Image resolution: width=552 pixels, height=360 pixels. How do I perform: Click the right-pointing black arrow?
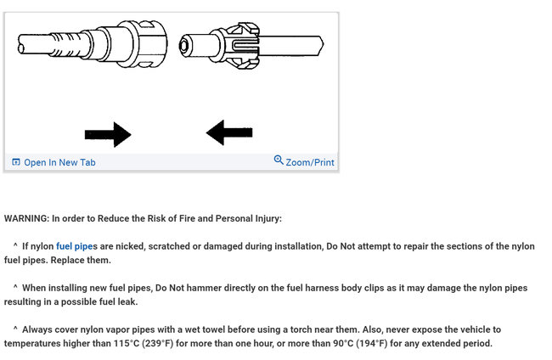(x=108, y=134)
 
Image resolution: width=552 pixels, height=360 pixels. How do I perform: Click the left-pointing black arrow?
(x=228, y=132)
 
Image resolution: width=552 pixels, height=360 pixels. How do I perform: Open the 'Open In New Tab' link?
(x=59, y=162)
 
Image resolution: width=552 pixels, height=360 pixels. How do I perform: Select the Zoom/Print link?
(x=310, y=162)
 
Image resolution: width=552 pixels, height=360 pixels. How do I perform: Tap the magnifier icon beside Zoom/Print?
(x=279, y=160)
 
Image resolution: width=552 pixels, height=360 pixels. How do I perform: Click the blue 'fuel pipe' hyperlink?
(x=75, y=246)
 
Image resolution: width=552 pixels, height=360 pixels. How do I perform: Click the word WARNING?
(x=25, y=218)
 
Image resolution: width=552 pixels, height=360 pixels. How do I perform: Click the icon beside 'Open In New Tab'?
(x=16, y=162)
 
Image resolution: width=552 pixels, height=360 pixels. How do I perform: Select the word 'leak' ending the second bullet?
(x=125, y=301)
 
